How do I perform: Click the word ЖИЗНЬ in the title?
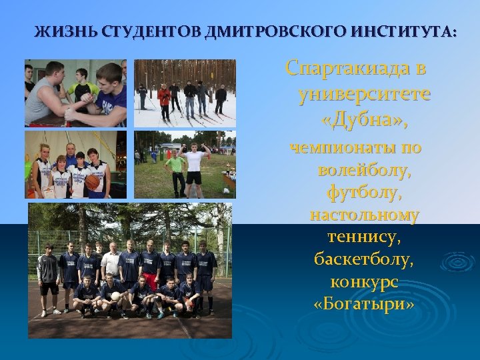point(56,31)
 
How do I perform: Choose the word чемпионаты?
point(355,147)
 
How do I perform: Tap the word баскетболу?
point(364,259)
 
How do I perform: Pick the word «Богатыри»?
point(364,304)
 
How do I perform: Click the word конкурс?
point(364,282)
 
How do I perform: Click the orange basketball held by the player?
point(91,182)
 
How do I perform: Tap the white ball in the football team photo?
point(116,296)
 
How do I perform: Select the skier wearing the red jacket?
point(164,98)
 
